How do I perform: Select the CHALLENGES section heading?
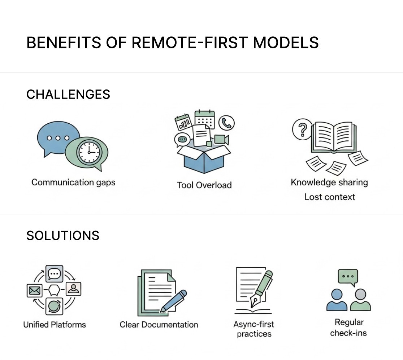coord(68,94)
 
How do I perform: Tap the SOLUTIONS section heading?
coord(63,236)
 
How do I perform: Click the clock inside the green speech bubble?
coord(89,152)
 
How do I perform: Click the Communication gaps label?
coord(73,183)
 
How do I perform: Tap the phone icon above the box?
coord(226,123)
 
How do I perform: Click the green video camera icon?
coord(221,140)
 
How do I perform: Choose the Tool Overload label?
coord(204,185)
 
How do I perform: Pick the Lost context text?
coord(329,197)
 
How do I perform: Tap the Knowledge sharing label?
coord(329,182)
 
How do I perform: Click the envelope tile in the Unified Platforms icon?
coord(34,291)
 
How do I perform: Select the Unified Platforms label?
coord(55,325)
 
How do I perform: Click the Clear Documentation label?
coord(159,325)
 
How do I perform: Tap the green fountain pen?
coord(262,288)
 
